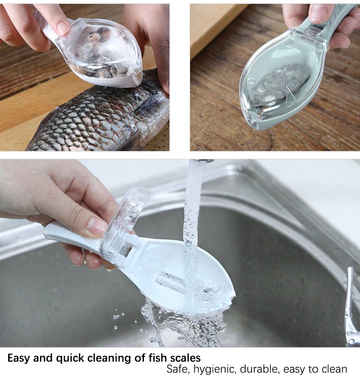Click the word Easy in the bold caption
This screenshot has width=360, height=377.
19,358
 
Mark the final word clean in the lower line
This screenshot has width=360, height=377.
334,369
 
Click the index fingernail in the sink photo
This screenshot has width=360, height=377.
98,226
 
